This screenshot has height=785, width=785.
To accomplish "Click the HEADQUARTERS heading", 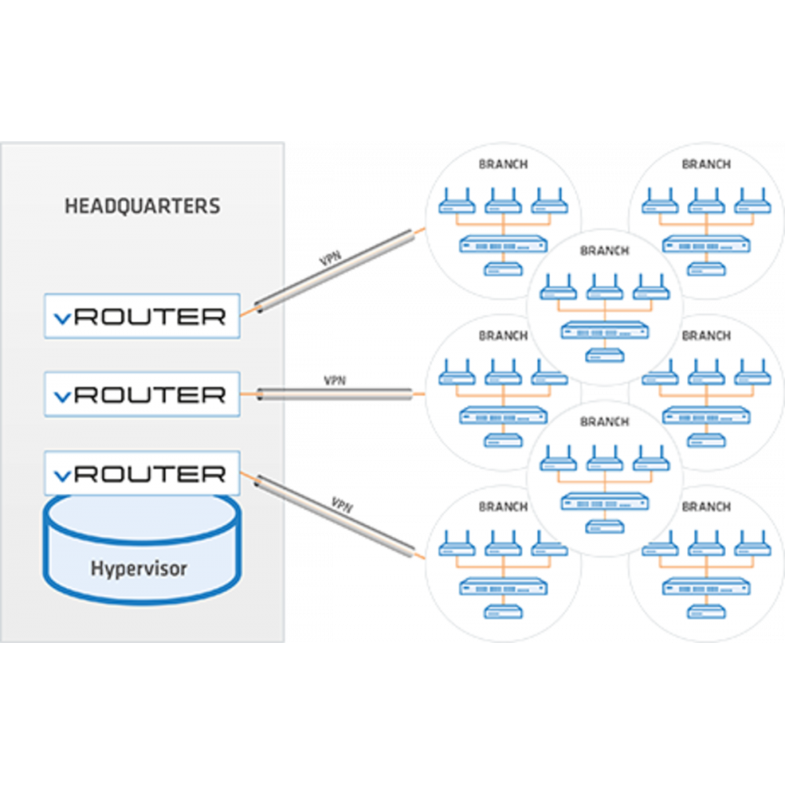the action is tap(142, 206).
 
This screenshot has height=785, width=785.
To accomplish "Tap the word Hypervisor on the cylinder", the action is tap(139, 568).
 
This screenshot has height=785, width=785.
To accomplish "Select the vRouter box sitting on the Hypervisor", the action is tap(142, 473).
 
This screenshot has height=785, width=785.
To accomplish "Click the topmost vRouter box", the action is tap(142, 316).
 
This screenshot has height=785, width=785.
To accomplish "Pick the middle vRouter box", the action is tap(142, 395).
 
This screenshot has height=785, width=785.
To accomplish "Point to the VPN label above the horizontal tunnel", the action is tap(335, 381).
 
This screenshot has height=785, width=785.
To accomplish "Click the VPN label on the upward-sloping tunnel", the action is tap(330, 258).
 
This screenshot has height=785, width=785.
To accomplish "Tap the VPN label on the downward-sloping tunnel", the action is tap(342, 505).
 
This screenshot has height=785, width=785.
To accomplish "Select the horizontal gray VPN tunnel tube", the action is tap(335, 395).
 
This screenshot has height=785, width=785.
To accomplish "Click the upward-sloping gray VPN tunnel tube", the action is tap(335, 271).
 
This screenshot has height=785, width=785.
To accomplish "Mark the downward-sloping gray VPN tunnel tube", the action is tap(335, 517).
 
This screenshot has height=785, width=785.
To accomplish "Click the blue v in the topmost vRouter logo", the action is tap(63, 319).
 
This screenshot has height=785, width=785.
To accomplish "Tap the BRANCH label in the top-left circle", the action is tap(503, 164).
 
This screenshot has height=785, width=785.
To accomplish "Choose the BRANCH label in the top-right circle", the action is tap(706, 164).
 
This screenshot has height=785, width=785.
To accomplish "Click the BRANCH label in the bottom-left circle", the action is tap(503, 506).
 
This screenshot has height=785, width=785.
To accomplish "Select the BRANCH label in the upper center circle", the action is tap(604, 250).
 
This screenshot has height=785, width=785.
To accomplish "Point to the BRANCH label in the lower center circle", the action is tap(604, 422).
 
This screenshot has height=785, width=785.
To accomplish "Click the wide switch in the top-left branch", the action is tap(503, 245).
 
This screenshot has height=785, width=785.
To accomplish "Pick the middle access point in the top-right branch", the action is tap(706, 201).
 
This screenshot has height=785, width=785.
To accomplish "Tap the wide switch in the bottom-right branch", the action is tap(706, 587).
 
